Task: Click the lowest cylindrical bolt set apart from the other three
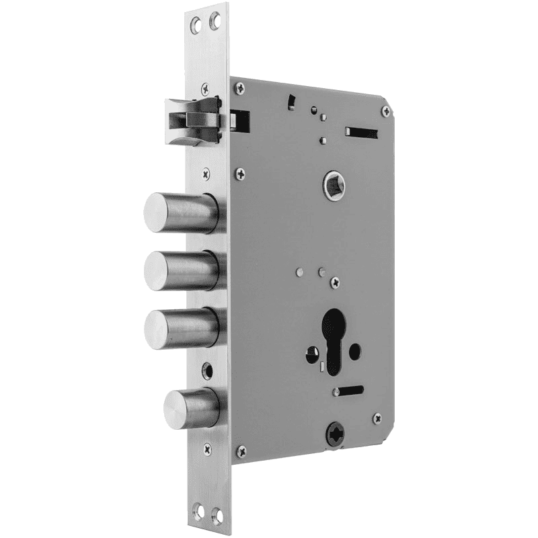191,407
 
